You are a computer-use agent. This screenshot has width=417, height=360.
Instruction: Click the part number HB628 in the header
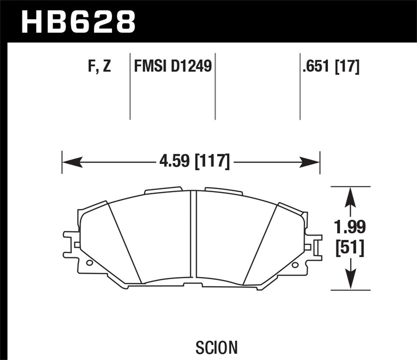[78, 21]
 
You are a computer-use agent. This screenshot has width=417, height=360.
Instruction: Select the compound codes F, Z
[100, 66]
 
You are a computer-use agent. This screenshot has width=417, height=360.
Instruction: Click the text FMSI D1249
[172, 66]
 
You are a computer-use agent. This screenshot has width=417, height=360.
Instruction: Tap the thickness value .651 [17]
[330, 66]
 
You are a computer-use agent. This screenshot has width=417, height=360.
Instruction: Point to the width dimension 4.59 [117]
[194, 161]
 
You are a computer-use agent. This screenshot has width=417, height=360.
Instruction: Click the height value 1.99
[350, 227]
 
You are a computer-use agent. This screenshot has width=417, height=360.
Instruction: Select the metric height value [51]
[350, 248]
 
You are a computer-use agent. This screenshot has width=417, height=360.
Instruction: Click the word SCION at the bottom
[216, 347]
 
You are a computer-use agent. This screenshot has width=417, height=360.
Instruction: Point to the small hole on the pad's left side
[89, 264]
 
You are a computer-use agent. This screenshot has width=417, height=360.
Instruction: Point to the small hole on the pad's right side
[294, 265]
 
